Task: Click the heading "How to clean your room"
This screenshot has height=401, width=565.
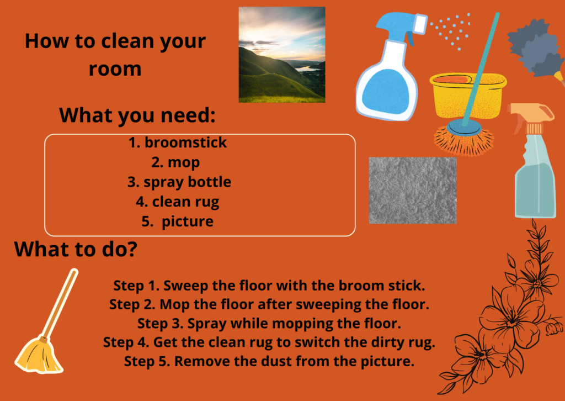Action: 115,55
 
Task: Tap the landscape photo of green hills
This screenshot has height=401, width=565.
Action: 282,55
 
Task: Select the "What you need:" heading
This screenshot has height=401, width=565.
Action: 137,115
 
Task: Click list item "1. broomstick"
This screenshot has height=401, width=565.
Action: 178,143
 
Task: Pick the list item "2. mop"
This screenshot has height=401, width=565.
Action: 175,162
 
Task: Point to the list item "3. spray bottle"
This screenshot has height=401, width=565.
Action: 179,182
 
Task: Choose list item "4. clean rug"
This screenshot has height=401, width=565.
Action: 177,202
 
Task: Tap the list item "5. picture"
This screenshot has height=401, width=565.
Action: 177,221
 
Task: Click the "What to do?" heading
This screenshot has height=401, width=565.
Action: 76,249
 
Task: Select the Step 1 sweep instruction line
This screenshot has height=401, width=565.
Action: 269,286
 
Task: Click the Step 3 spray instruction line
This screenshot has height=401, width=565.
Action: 269,324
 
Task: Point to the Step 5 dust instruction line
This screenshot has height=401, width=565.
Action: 269,361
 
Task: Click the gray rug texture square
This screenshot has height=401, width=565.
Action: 413,191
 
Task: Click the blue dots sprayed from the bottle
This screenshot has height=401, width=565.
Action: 450,31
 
